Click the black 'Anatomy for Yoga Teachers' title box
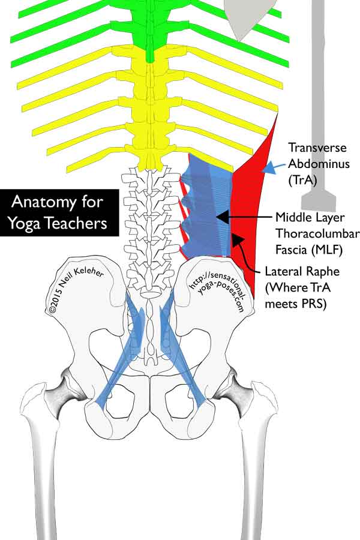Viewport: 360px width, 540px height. tap(58, 214)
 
